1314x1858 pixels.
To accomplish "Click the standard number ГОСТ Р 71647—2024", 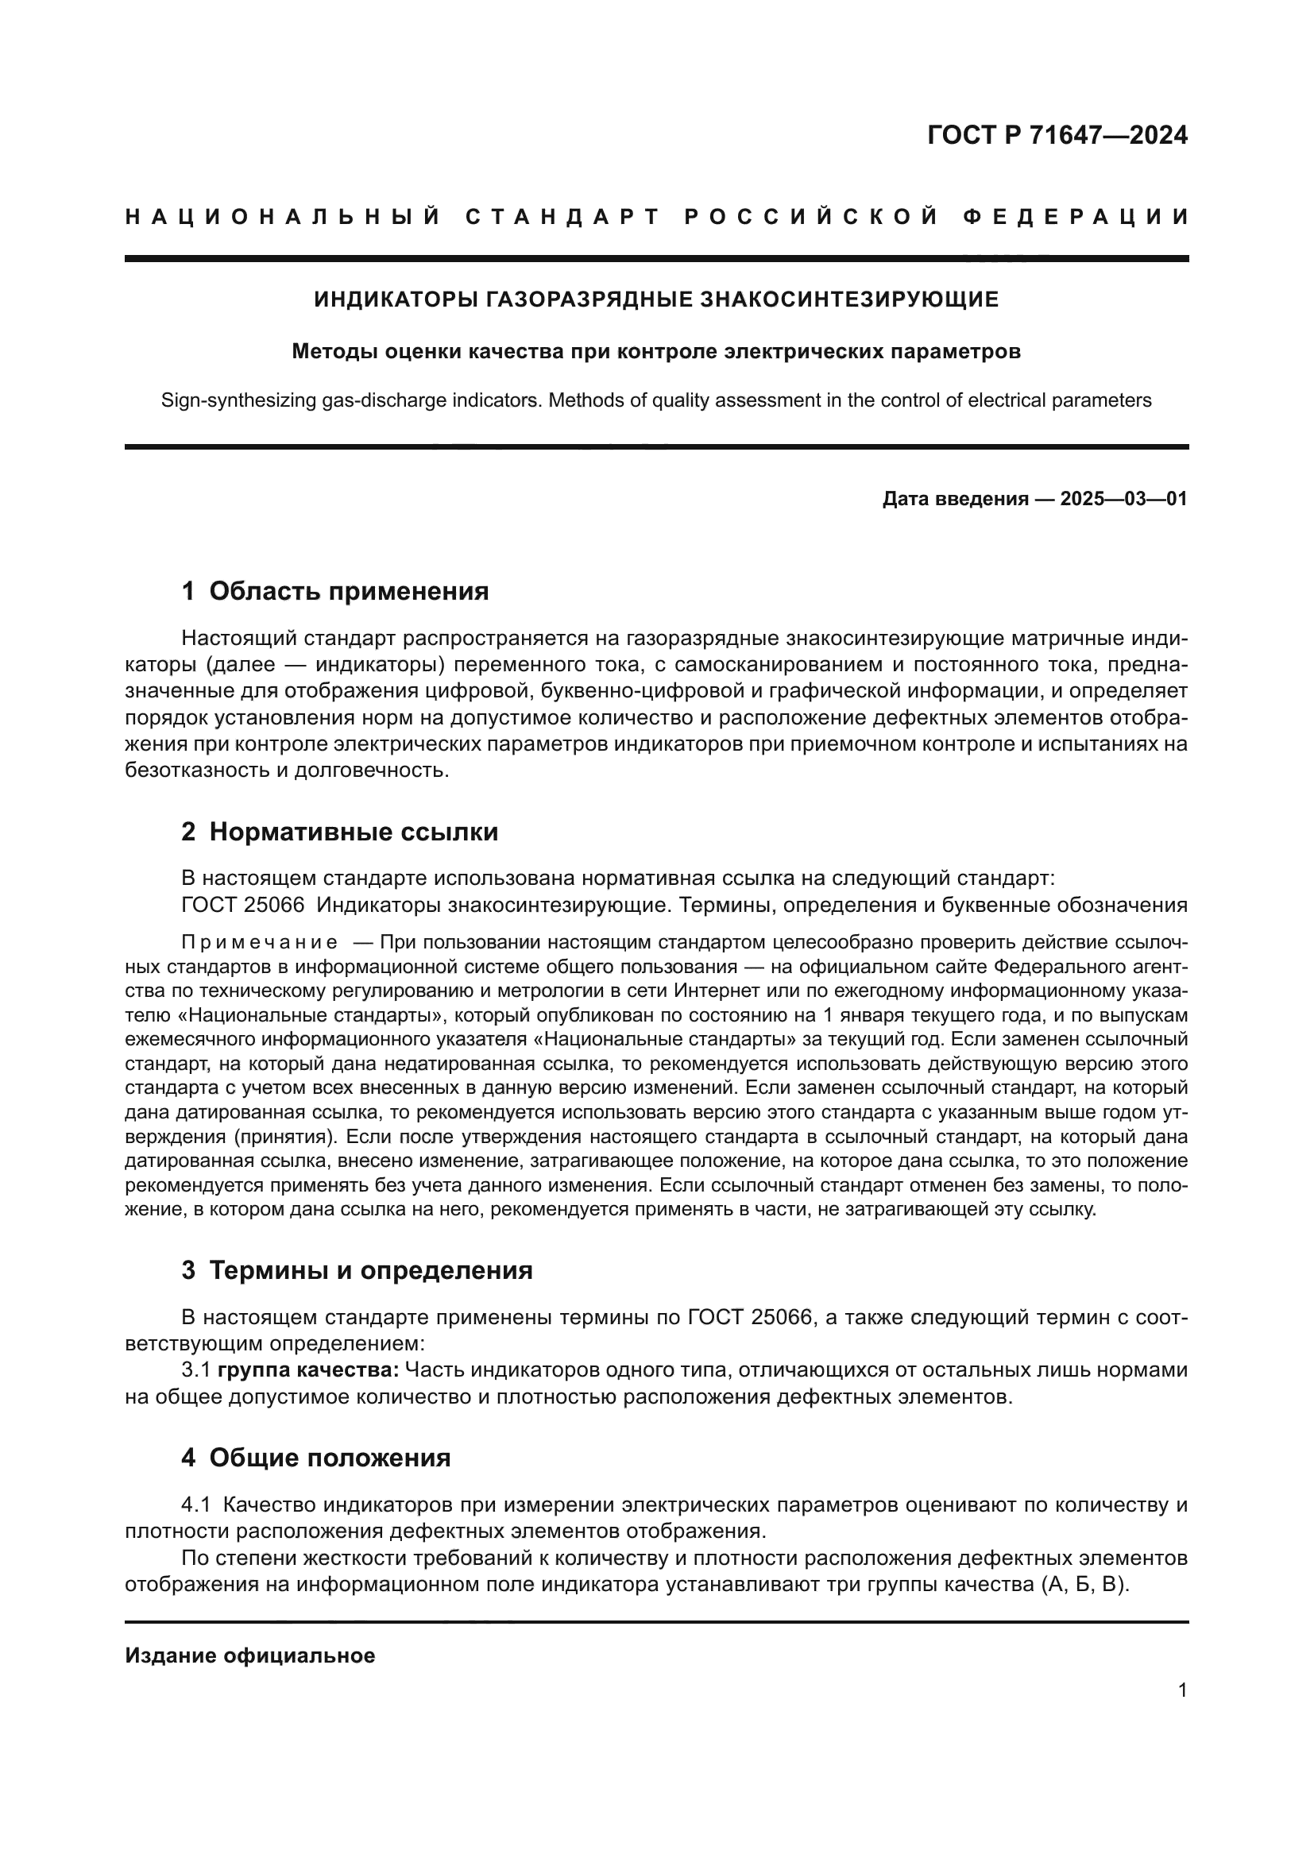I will point(1057,135).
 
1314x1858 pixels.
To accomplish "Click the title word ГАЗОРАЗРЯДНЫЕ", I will point(589,299).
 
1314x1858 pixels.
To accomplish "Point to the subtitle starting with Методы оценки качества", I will point(656,351).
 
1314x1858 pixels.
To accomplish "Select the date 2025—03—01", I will point(1124,499).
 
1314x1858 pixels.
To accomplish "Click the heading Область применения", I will point(349,591).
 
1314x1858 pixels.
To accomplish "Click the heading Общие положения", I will point(330,1458).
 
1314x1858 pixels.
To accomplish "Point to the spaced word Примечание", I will point(260,942).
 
